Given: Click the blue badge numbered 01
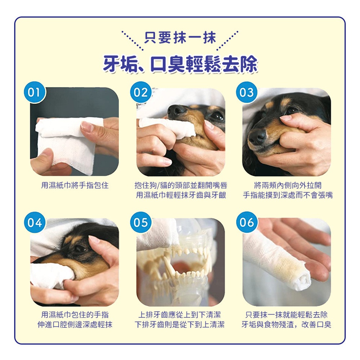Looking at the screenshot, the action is pyautogui.click(x=35, y=92).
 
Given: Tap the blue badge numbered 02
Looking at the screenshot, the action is pyautogui.click(x=141, y=92).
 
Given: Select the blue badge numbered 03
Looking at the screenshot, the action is pyautogui.click(x=247, y=92).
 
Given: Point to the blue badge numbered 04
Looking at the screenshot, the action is pyautogui.click(x=35, y=222).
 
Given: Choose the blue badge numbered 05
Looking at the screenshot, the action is pyautogui.click(x=141, y=222).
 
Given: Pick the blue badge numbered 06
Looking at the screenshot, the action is pyautogui.click(x=247, y=222).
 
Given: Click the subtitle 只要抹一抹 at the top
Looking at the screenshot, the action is pyautogui.click(x=180, y=38).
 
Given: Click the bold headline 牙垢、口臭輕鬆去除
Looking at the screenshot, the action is pyautogui.click(x=180, y=64).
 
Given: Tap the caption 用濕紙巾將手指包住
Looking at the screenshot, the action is pyautogui.click(x=75, y=185).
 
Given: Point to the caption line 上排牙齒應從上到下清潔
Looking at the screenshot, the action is pyautogui.click(x=180, y=315).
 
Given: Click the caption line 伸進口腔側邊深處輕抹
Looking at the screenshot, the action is pyautogui.click(x=75, y=325).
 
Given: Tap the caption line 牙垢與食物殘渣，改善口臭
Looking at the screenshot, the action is pyautogui.click(x=286, y=325).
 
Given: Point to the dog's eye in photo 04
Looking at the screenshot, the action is pyautogui.click(x=80, y=248).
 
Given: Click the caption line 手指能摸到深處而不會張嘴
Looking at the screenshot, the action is pyautogui.click(x=288, y=195).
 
